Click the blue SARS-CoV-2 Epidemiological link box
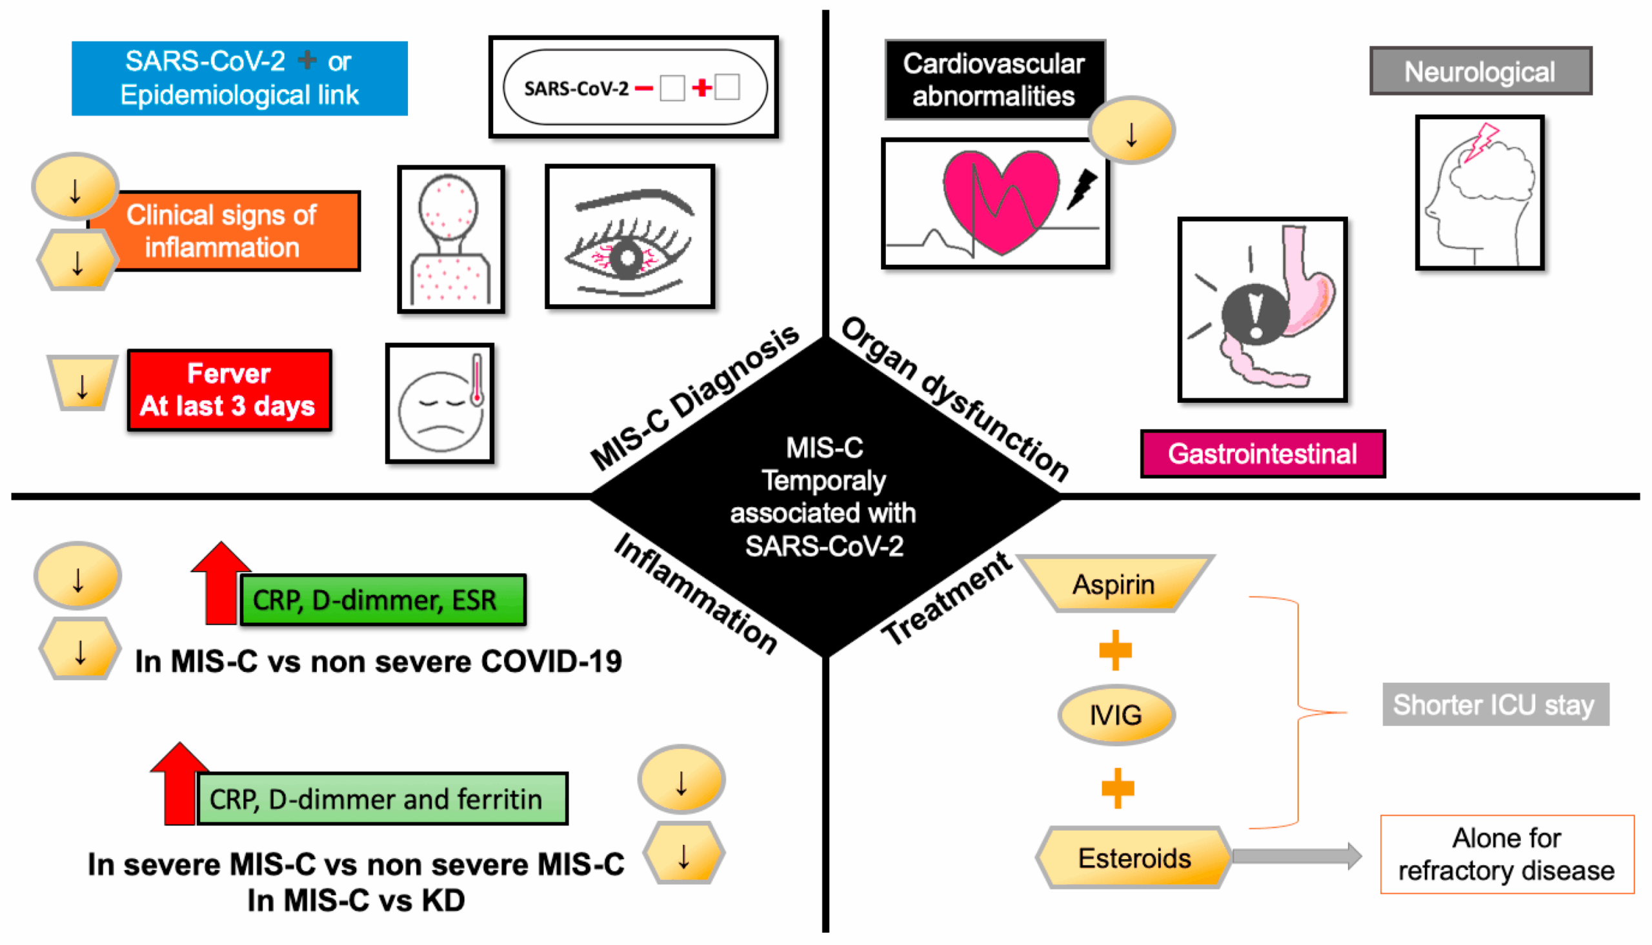(239, 78)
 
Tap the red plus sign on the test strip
(701, 87)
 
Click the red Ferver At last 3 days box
(229, 390)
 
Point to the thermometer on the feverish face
(477, 380)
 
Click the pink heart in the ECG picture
(1000, 198)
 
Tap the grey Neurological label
(1480, 72)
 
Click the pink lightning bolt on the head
(1481, 143)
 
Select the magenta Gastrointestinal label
(1263, 454)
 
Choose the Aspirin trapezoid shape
(1113, 584)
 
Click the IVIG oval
(1115, 715)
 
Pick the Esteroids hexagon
(1134, 857)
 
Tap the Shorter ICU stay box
(1495, 704)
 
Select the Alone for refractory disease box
(1506, 854)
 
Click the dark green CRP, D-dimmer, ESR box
(382, 600)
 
